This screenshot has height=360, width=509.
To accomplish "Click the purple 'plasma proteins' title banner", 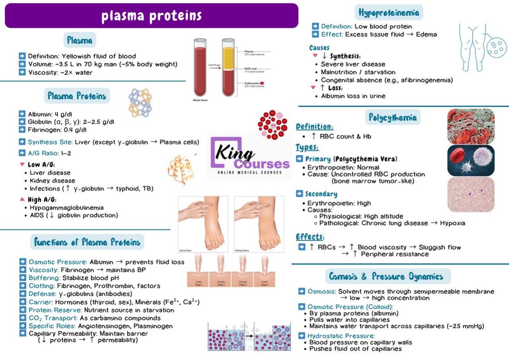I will coord(151,16).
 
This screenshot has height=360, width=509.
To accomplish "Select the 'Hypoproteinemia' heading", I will coord(389,13).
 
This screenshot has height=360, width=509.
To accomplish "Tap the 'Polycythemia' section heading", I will coord(392,117).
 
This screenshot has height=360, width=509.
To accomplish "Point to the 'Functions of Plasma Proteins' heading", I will coord(87,242).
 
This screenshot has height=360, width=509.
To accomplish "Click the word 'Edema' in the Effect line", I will coord(426,34).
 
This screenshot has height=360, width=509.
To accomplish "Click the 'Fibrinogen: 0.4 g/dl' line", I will coord(57,130).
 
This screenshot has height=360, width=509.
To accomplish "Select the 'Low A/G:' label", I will coord(41,165).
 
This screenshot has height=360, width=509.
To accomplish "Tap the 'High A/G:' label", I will coord(42,199).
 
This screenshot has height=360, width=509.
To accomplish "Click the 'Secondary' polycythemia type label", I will coord(321,194).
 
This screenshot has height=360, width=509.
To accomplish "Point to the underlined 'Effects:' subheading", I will coord(310,237).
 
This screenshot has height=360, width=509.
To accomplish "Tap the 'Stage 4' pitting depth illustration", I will coord(264,271).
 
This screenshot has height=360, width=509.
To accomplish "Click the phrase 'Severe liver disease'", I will coord(353,64).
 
